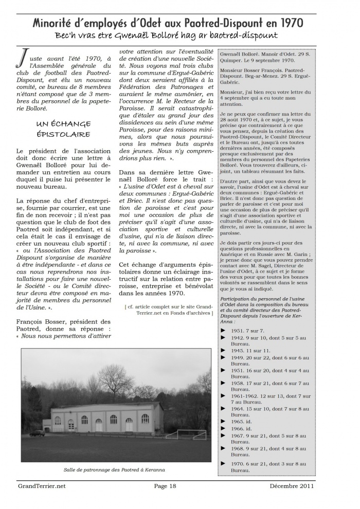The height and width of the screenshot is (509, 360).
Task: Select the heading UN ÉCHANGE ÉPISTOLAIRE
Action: (x=64, y=129)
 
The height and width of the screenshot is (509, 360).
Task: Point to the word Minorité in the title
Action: (x=56, y=23)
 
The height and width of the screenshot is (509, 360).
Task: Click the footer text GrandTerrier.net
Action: (x=42, y=485)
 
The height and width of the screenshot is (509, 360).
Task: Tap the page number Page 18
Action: (x=165, y=485)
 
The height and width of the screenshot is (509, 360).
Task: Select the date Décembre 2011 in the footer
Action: (x=292, y=485)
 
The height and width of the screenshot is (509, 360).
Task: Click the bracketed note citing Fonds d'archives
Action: (x=168, y=310)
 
